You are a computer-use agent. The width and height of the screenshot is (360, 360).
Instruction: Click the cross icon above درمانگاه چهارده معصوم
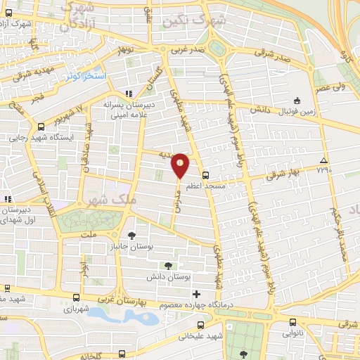[196, 293]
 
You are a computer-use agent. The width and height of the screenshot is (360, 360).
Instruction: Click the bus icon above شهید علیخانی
[201, 325]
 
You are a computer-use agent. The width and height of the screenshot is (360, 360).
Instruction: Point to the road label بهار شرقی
[284, 173]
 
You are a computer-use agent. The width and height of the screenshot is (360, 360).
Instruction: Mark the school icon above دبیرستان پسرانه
[129, 93]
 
